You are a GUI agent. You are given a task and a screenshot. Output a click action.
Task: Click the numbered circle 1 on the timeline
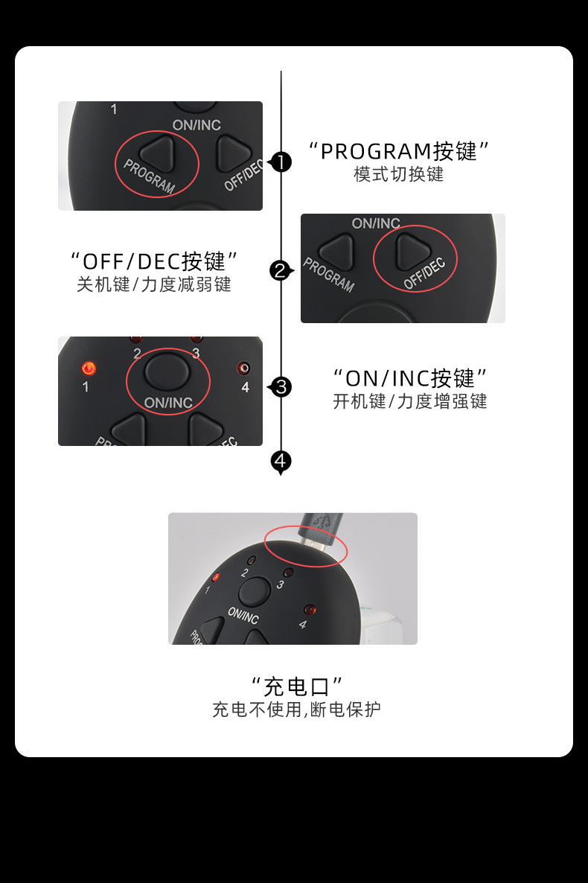(281, 162)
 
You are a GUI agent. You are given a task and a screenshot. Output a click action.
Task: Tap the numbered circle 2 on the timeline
(281, 271)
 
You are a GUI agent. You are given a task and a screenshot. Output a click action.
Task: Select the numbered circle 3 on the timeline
(281, 387)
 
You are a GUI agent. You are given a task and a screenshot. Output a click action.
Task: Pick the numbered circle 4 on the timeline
(281, 461)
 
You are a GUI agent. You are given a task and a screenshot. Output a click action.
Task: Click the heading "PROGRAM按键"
(399, 151)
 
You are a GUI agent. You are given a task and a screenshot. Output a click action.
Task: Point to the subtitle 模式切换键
(399, 174)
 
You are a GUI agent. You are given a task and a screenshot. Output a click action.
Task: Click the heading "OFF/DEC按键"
(154, 261)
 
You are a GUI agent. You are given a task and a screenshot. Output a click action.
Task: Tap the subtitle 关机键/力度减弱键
(154, 284)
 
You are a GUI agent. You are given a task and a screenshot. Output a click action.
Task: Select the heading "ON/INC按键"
(410, 378)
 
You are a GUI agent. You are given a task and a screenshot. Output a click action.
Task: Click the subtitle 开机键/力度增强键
(410, 401)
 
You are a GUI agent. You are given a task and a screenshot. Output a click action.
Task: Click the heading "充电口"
(297, 686)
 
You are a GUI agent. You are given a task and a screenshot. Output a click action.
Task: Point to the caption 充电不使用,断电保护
(296, 710)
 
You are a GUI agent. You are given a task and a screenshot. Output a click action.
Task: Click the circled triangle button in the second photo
(413, 252)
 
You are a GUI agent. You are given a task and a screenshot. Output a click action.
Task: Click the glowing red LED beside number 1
(89, 369)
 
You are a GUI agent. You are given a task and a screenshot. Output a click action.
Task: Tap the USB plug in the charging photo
(321, 529)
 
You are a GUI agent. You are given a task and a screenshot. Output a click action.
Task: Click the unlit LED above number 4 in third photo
(244, 369)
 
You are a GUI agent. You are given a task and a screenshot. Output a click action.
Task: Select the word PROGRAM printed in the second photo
(329, 275)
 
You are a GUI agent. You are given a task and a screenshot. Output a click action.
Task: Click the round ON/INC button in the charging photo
(254, 592)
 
